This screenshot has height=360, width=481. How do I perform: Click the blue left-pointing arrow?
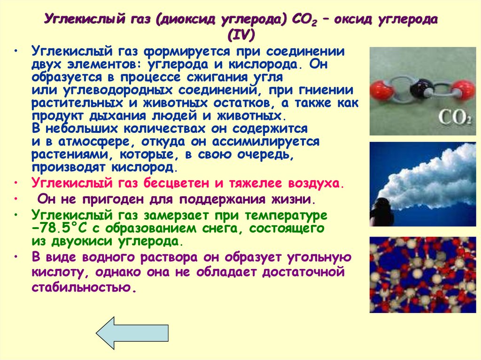pyautogui.click(x=132, y=333)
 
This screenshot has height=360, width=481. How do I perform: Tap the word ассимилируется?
pyautogui.click(x=265, y=141)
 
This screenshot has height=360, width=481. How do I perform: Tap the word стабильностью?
pyautogui.click(x=82, y=287)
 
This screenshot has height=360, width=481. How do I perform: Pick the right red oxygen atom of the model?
pyautogui.click(x=464, y=89)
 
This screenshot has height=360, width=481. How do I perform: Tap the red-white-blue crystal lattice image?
pyautogui.click(x=423, y=275)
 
